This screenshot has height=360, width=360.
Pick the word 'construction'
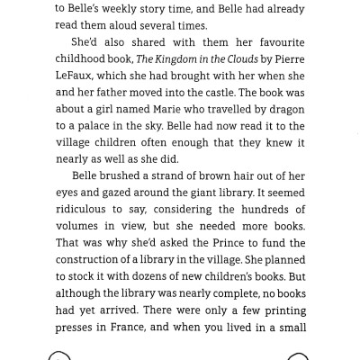pos(97,259)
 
